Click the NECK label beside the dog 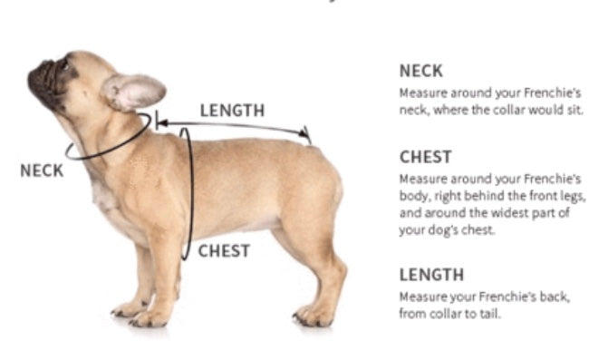coord(42,170)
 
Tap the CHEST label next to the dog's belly coord(224,251)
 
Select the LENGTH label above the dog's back coord(232,111)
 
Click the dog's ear coord(134,92)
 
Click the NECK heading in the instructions coord(421,71)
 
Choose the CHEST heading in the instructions coord(425,157)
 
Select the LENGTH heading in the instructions coord(431,275)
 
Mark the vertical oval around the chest coord(191,194)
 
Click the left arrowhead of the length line coord(162,123)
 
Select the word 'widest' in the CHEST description coord(511,213)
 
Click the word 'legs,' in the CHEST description coord(573,196)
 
